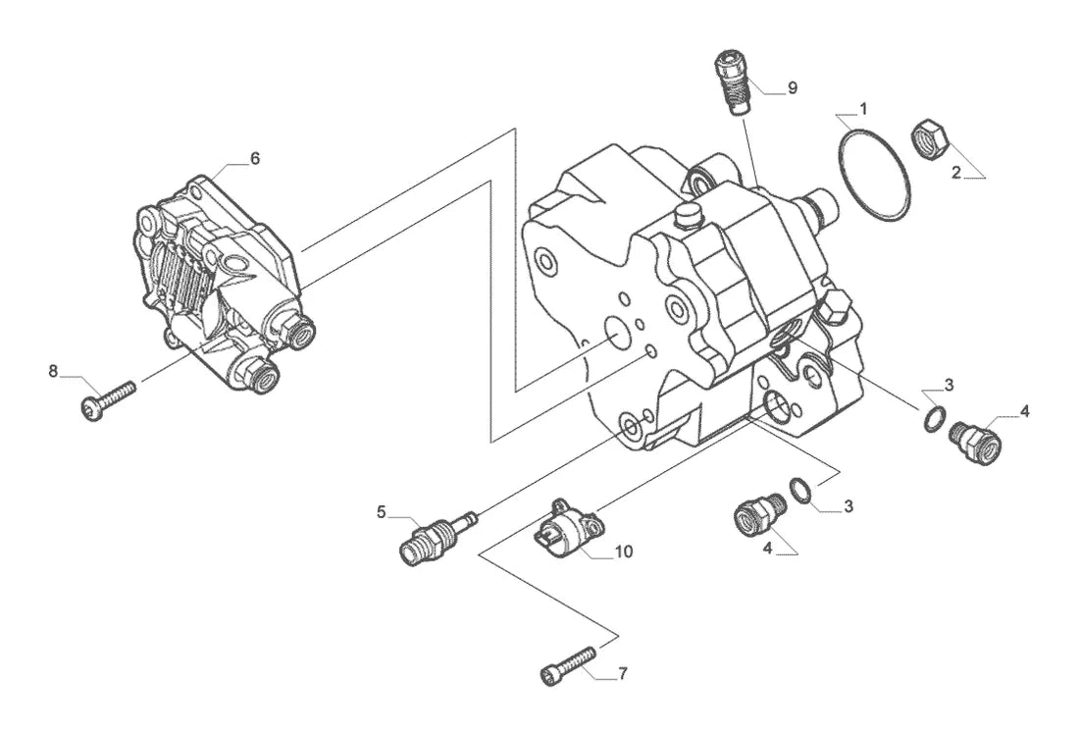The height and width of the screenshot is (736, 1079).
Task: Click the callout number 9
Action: coord(792,88)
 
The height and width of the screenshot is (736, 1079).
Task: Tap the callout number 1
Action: coord(863,109)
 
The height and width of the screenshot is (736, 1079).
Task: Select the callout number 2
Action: coord(956,173)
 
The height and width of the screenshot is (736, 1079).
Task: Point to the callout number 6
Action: coord(255,158)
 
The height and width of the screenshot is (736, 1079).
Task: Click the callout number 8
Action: coord(53,372)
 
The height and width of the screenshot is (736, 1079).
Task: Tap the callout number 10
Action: coord(624,552)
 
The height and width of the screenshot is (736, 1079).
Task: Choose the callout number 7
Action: coord(622,674)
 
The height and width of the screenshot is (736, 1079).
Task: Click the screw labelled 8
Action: coord(108,400)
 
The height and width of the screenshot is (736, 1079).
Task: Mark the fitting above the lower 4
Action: coord(759,512)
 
